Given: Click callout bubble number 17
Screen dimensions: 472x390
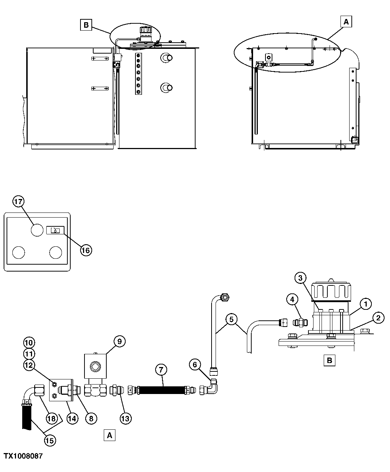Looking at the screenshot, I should point(19,201).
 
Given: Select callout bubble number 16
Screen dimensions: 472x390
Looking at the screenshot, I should point(86,250).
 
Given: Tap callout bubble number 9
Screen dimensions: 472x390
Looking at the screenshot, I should point(119,341).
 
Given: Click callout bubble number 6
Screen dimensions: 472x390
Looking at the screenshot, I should point(195,364).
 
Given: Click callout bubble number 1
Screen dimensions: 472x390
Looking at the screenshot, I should point(366,303).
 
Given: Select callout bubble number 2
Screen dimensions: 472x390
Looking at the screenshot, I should point(378,318).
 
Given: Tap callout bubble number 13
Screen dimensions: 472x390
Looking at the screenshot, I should point(125,418).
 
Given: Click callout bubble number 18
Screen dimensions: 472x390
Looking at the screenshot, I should point(52,418).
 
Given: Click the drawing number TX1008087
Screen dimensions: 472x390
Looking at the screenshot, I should point(23,456).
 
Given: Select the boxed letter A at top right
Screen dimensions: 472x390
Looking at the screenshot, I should point(346,22).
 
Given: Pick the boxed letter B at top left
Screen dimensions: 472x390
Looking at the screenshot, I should point(86,25).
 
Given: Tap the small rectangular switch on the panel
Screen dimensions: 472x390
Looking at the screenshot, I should point(55,230).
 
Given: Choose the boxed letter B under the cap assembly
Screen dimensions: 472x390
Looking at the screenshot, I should point(329,360).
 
